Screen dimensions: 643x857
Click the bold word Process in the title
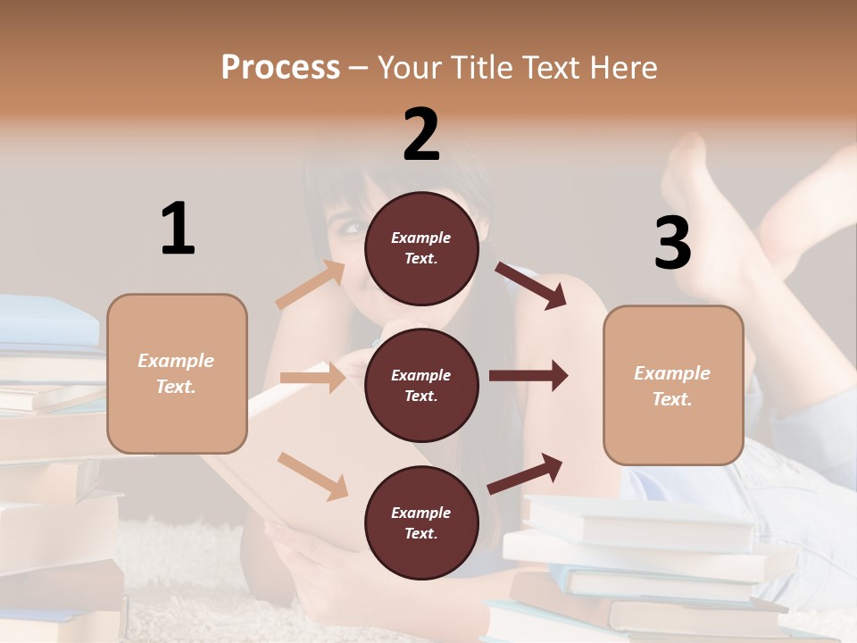click(x=280, y=67)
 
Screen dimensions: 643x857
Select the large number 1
click(x=178, y=230)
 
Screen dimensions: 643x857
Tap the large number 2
click(x=421, y=135)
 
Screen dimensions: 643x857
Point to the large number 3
click(x=672, y=243)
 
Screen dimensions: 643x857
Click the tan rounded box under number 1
click(x=177, y=373)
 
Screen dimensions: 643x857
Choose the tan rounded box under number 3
click(x=673, y=385)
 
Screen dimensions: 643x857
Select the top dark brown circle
click(x=421, y=248)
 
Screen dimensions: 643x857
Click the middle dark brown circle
click(x=421, y=385)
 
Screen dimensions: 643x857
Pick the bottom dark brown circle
click(x=421, y=522)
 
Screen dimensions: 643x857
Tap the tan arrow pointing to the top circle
click(x=311, y=285)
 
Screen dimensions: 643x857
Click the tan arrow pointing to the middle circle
click(x=312, y=378)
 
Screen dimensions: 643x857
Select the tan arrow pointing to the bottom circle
click(x=312, y=475)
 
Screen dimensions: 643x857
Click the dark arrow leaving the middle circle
click(x=528, y=376)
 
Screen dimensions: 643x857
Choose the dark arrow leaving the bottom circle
click(x=526, y=473)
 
